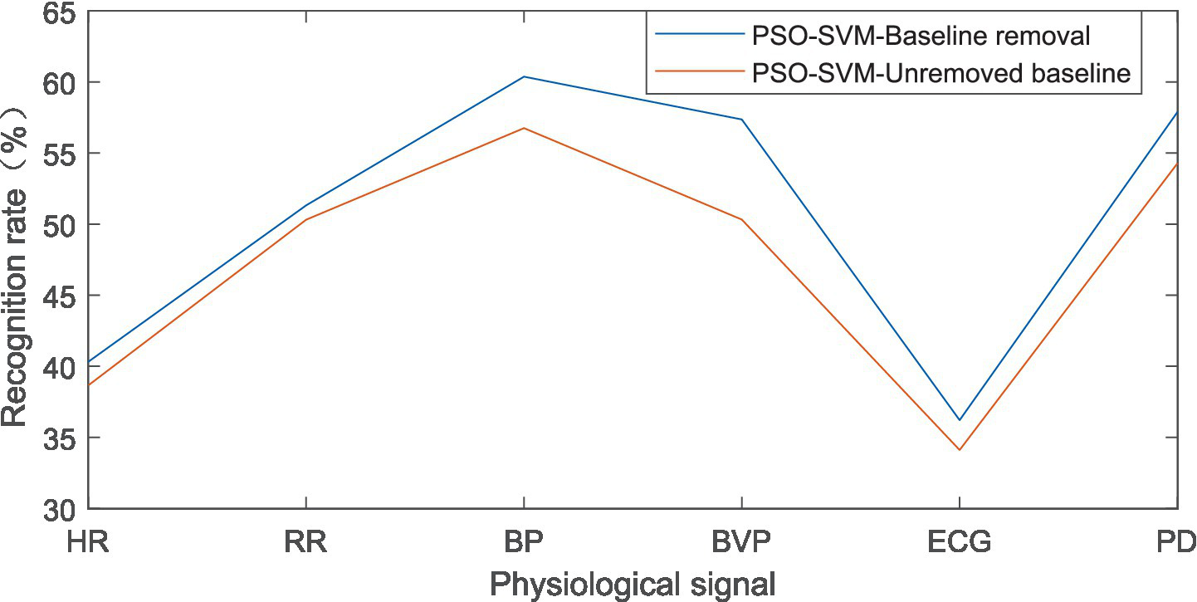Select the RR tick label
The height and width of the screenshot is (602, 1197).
(x=306, y=543)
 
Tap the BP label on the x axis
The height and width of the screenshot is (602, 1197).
(x=524, y=543)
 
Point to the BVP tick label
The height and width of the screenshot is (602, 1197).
(x=741, y=543)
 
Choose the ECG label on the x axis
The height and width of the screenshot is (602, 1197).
(x=959, y=543)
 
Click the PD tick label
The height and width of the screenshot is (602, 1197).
(x=1177, y=543)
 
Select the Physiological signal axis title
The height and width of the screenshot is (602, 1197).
(x=633, y=583)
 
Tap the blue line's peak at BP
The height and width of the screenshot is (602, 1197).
(x=524, y=76)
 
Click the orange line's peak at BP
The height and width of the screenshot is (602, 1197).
(x=524, y=128)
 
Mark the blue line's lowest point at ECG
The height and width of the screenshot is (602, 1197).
(x=960, y=420)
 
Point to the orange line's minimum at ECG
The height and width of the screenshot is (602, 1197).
(x=960, y=450)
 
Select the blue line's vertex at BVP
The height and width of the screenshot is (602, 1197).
(x=741, y=120)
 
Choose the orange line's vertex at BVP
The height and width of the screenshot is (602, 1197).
(x=741, y=219)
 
